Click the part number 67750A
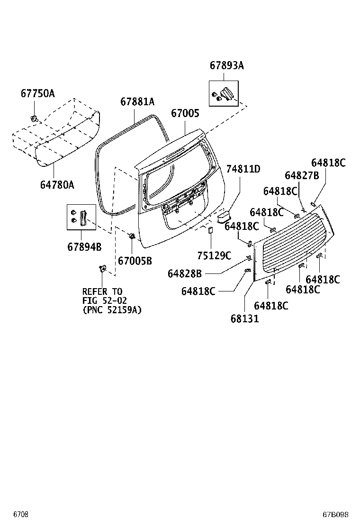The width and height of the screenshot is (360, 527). tap(37, 93)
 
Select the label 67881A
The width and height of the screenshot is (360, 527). tap(137, 101)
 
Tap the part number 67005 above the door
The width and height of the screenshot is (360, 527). tap(185, 113)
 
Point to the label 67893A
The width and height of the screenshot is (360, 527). tap(227, 66)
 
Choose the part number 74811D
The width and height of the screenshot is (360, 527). tap(243, 169)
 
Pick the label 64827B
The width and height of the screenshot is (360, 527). tap(302, 175)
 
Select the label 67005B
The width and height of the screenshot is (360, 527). tap(135, 261)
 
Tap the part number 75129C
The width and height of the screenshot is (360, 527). tap(214, 256)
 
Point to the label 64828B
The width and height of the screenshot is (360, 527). tap(185, 273)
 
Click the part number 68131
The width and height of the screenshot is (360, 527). tap(245, 318)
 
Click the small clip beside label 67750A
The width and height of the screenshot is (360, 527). tap(34, 118)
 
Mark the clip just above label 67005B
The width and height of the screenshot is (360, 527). tap(132, 236)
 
